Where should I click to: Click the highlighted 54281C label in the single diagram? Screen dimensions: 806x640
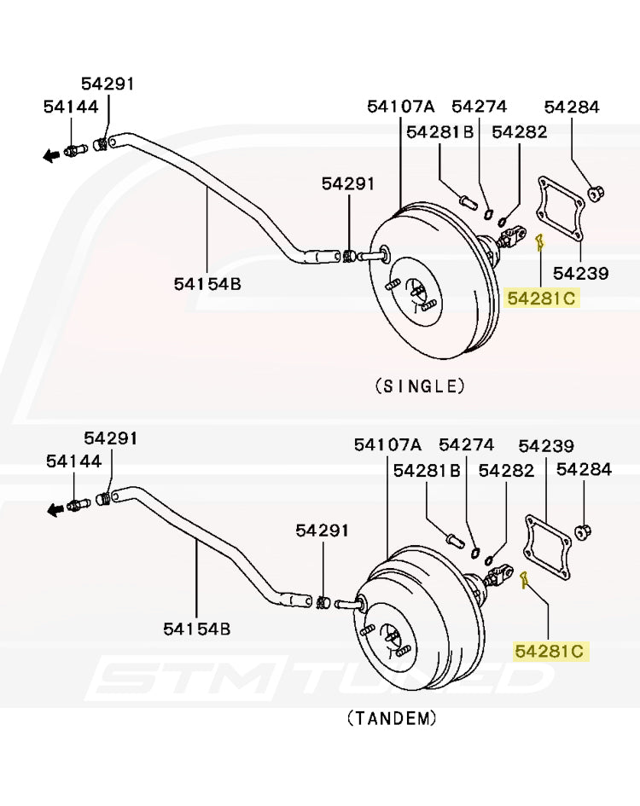pyautogui.click(x=542, y=298)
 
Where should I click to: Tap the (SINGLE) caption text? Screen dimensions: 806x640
pyautogui.click(x=420, y=386)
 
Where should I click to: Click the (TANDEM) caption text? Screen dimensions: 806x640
pyautogui.click(x=392, y=717)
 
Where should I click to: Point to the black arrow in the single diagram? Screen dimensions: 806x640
pyautogui.click(x=52, y=154)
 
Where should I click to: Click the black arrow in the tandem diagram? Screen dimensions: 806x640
pyautogui.click(x=55, y=509)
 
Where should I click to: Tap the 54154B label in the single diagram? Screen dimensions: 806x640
pyautogui.click(x=207, y=283)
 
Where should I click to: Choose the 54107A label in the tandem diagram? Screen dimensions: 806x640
pyautogui.click(x=387, y=444)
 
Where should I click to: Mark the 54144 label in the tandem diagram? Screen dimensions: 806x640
pyautogui.click(x=73, y=461)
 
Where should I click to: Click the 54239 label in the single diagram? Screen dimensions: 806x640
pyautogui.click(x=580, y=273)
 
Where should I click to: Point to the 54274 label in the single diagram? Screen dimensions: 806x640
pyautogui.click(x=479, y=107)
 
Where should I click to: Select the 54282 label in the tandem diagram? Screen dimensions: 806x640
pyautogui.click(x=506, y=470)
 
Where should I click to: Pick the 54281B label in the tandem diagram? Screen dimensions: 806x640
pyautogui.click(x=427, y=470)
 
